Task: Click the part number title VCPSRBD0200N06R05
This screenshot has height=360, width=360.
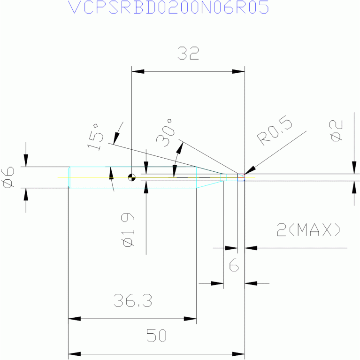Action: (169, 7)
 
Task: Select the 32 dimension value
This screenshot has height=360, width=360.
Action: (188, 53)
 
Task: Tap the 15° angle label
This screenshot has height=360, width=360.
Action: (95, 137)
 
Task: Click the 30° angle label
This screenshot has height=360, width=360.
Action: (165, 133)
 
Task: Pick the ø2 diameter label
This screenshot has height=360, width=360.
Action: (336, 130)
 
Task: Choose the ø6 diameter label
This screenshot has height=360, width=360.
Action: (8, 178)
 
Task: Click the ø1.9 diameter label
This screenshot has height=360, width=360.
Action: (128, 230)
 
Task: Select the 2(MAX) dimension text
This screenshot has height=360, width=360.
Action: (308, 230)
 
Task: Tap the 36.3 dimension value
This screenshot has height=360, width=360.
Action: (133, 300)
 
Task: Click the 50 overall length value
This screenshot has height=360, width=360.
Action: (156, 336)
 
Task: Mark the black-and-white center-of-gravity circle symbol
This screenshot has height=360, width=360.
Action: (132, 177)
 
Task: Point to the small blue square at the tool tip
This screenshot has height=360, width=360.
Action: (241, 177)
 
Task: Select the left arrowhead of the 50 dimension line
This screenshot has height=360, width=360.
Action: (75, 354)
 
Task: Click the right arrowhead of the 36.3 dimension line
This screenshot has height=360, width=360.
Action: (190, 319)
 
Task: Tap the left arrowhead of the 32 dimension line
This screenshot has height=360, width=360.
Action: (138, 71)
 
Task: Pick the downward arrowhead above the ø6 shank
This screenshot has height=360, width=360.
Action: (26, 161)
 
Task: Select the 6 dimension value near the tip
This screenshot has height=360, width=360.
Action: (234, 265)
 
